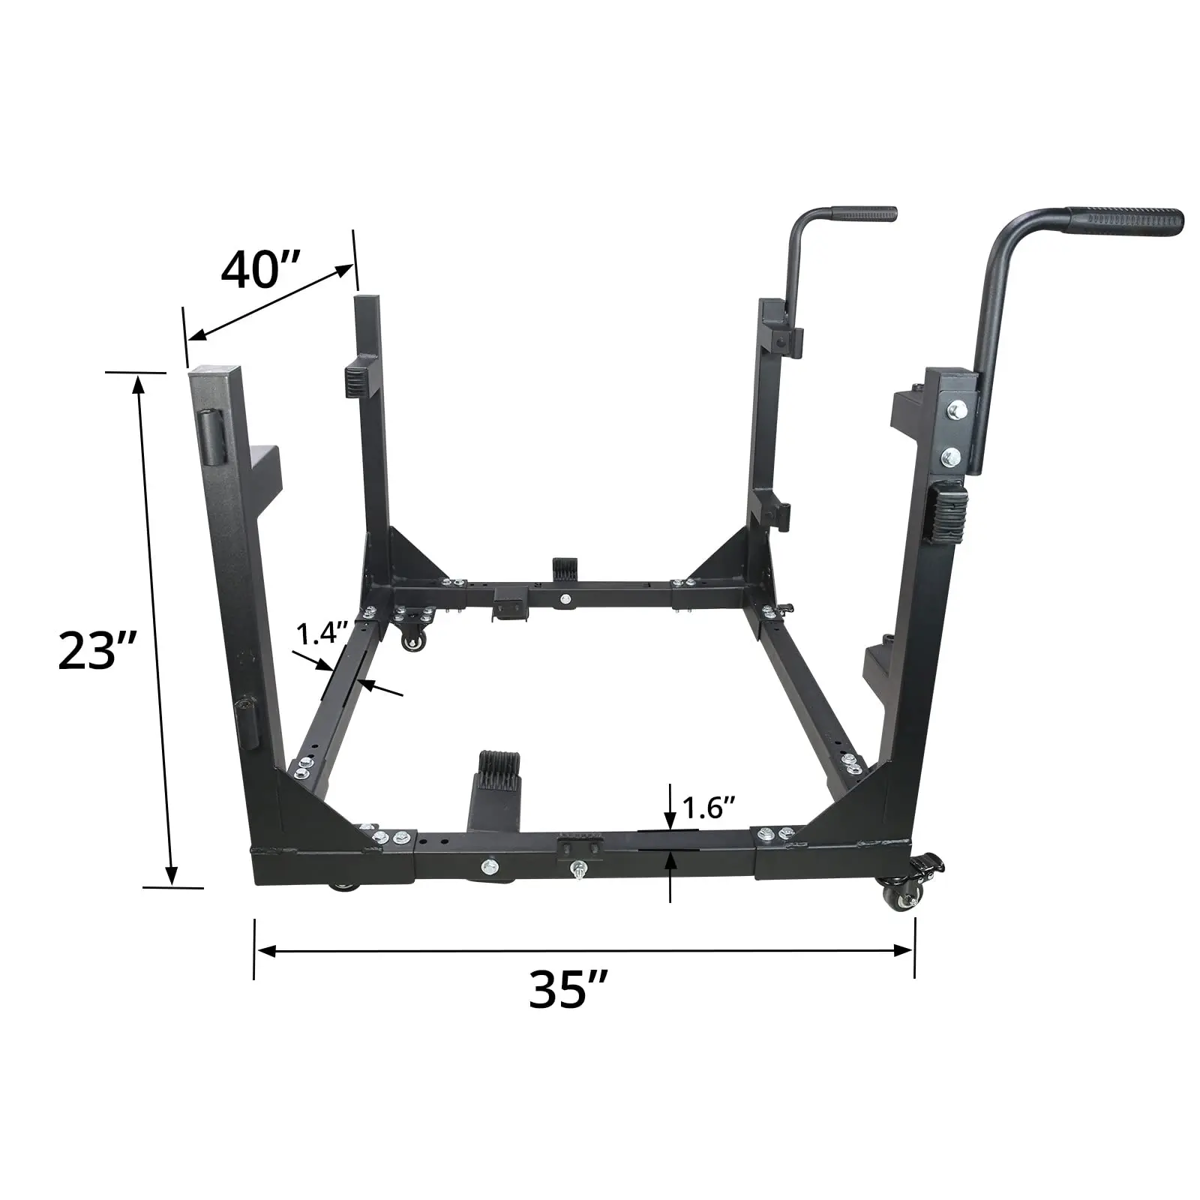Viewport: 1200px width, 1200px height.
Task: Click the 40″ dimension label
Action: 260,271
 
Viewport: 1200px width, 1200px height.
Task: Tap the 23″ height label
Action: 97,650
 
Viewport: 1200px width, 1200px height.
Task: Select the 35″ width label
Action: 567,989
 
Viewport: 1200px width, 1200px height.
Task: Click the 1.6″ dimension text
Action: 707,808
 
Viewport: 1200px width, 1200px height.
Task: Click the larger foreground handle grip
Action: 1125,220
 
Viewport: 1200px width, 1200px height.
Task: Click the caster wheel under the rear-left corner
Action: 412,640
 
